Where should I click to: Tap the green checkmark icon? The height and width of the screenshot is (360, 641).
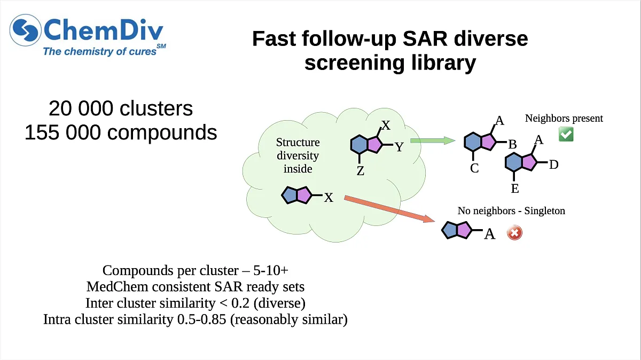pyautogui.click(x=566, y=135)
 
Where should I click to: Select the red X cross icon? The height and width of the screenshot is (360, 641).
pyautogui.click(x=514, y=233)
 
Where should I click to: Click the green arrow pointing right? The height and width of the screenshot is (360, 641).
pyautogui.click(x=432, y=141)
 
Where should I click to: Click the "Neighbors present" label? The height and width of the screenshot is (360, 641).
pyautogui.click(x=564, y=118)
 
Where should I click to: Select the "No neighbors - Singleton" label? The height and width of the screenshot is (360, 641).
pyautogui.click(x=511, y=211)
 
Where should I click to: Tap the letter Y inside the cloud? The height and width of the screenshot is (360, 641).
pyautogui.click(x=399, y=147)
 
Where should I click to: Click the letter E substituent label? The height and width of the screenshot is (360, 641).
pyautogui.click(x=515, y=189)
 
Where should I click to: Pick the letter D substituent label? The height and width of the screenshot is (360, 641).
pyautogui.click(x=553, y=165)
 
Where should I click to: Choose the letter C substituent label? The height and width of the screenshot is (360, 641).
pyautogui.click(x=474, y=169)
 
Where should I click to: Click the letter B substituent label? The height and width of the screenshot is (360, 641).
pyautogui.click(x=512, y=144)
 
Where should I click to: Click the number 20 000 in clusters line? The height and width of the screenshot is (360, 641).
pyautogui.click(x=80, y=108)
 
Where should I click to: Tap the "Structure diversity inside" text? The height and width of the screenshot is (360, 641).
pyautogui.click(x=298, y=155)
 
